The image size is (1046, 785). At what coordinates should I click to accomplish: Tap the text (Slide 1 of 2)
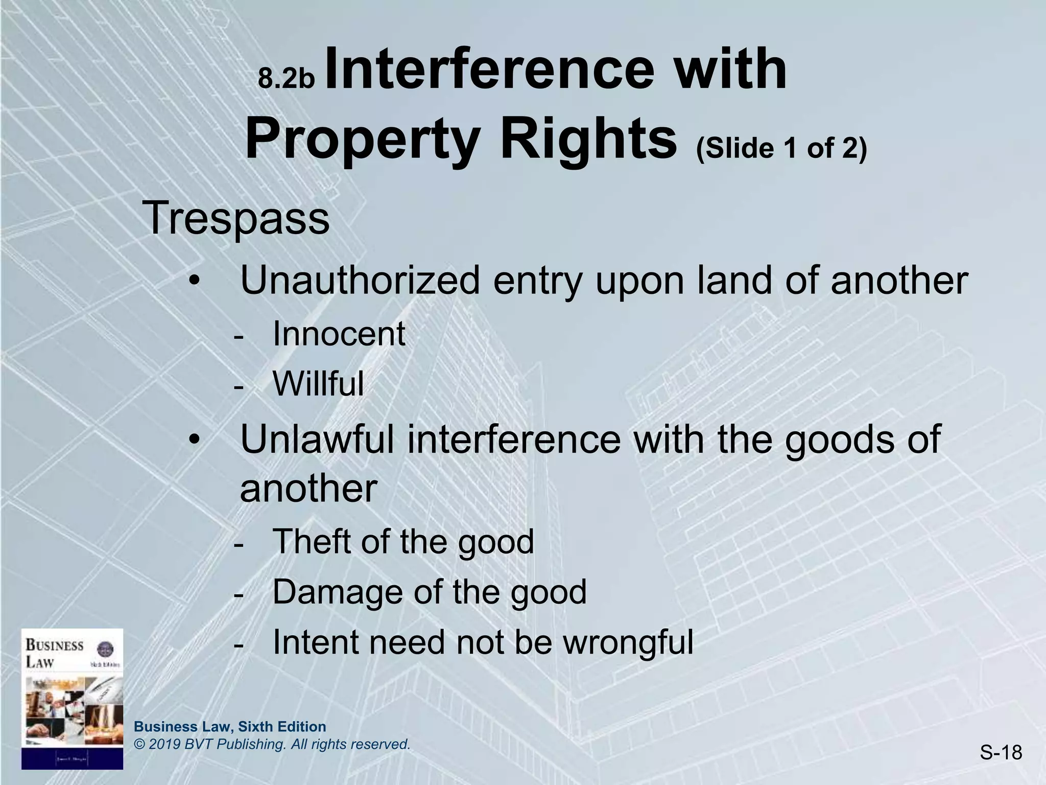pos(781,148)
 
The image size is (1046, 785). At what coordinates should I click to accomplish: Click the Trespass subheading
pos(236,218)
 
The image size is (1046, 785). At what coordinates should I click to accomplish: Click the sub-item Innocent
pos(339,334)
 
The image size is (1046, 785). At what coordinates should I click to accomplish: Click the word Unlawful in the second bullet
pos(317,439)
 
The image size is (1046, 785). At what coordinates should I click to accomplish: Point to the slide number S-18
pos(1001,752)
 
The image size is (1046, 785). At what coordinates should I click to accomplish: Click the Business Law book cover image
pos(72,699)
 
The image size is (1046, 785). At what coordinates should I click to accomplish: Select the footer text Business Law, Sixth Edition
pos(230,727)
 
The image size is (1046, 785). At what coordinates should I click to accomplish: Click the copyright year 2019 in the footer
pos(162,745)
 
